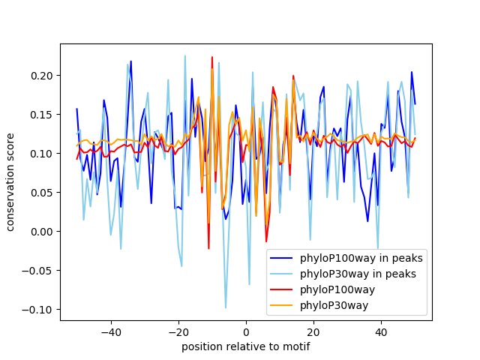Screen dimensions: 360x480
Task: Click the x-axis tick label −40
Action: tap(110, 331)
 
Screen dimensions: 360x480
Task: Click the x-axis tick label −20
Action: tap(178, 331)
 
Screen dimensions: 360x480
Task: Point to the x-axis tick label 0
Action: tap(246, 331)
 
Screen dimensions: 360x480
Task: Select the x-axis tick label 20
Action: tap(313, 331)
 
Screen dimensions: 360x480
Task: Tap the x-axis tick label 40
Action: tap(381, 331)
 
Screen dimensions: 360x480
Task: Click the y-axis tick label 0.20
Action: tap(40, 76)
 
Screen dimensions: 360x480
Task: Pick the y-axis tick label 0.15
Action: tap(40, 115)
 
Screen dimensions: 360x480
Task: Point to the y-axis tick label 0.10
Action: tap(40, 154)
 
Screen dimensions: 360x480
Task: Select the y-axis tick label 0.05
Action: tap(40, 193)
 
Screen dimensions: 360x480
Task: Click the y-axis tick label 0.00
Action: tap(40, 232)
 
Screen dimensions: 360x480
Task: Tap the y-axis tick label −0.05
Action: tap(37, 271)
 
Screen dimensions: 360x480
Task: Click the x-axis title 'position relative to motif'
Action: tap(246, 346)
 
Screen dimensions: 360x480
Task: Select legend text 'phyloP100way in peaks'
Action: tap(361, 258)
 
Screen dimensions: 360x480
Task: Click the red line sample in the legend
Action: tap(283, 289)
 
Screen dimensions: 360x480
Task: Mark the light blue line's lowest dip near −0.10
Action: tap(226, 308)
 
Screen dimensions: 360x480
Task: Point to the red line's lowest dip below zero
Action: tap(208, 248)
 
